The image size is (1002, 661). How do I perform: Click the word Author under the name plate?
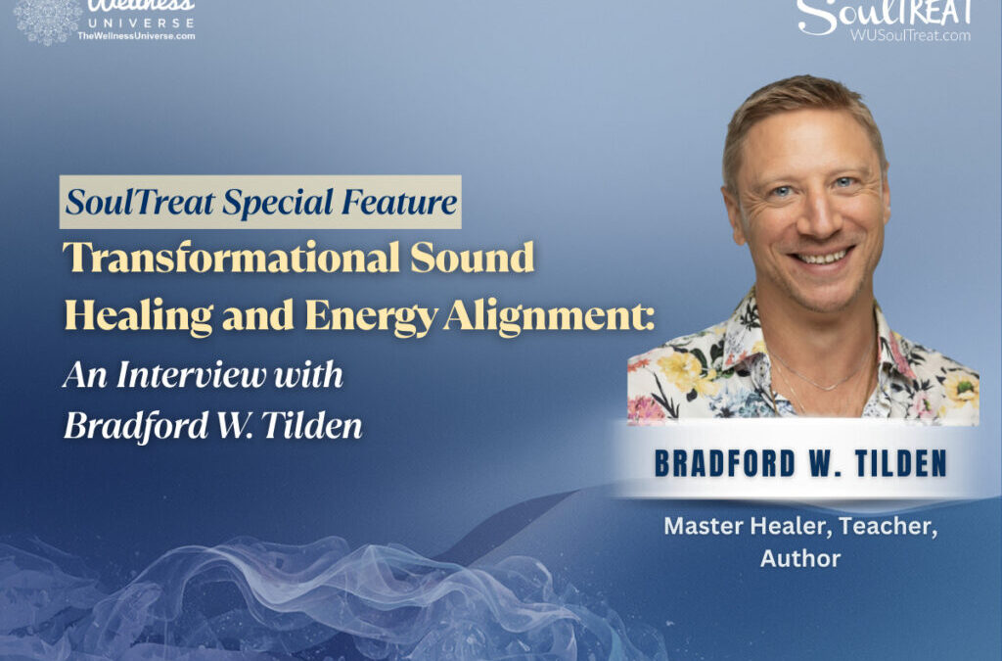(x=800, y=558)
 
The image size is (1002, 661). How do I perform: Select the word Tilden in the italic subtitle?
(x=313, y=426)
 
